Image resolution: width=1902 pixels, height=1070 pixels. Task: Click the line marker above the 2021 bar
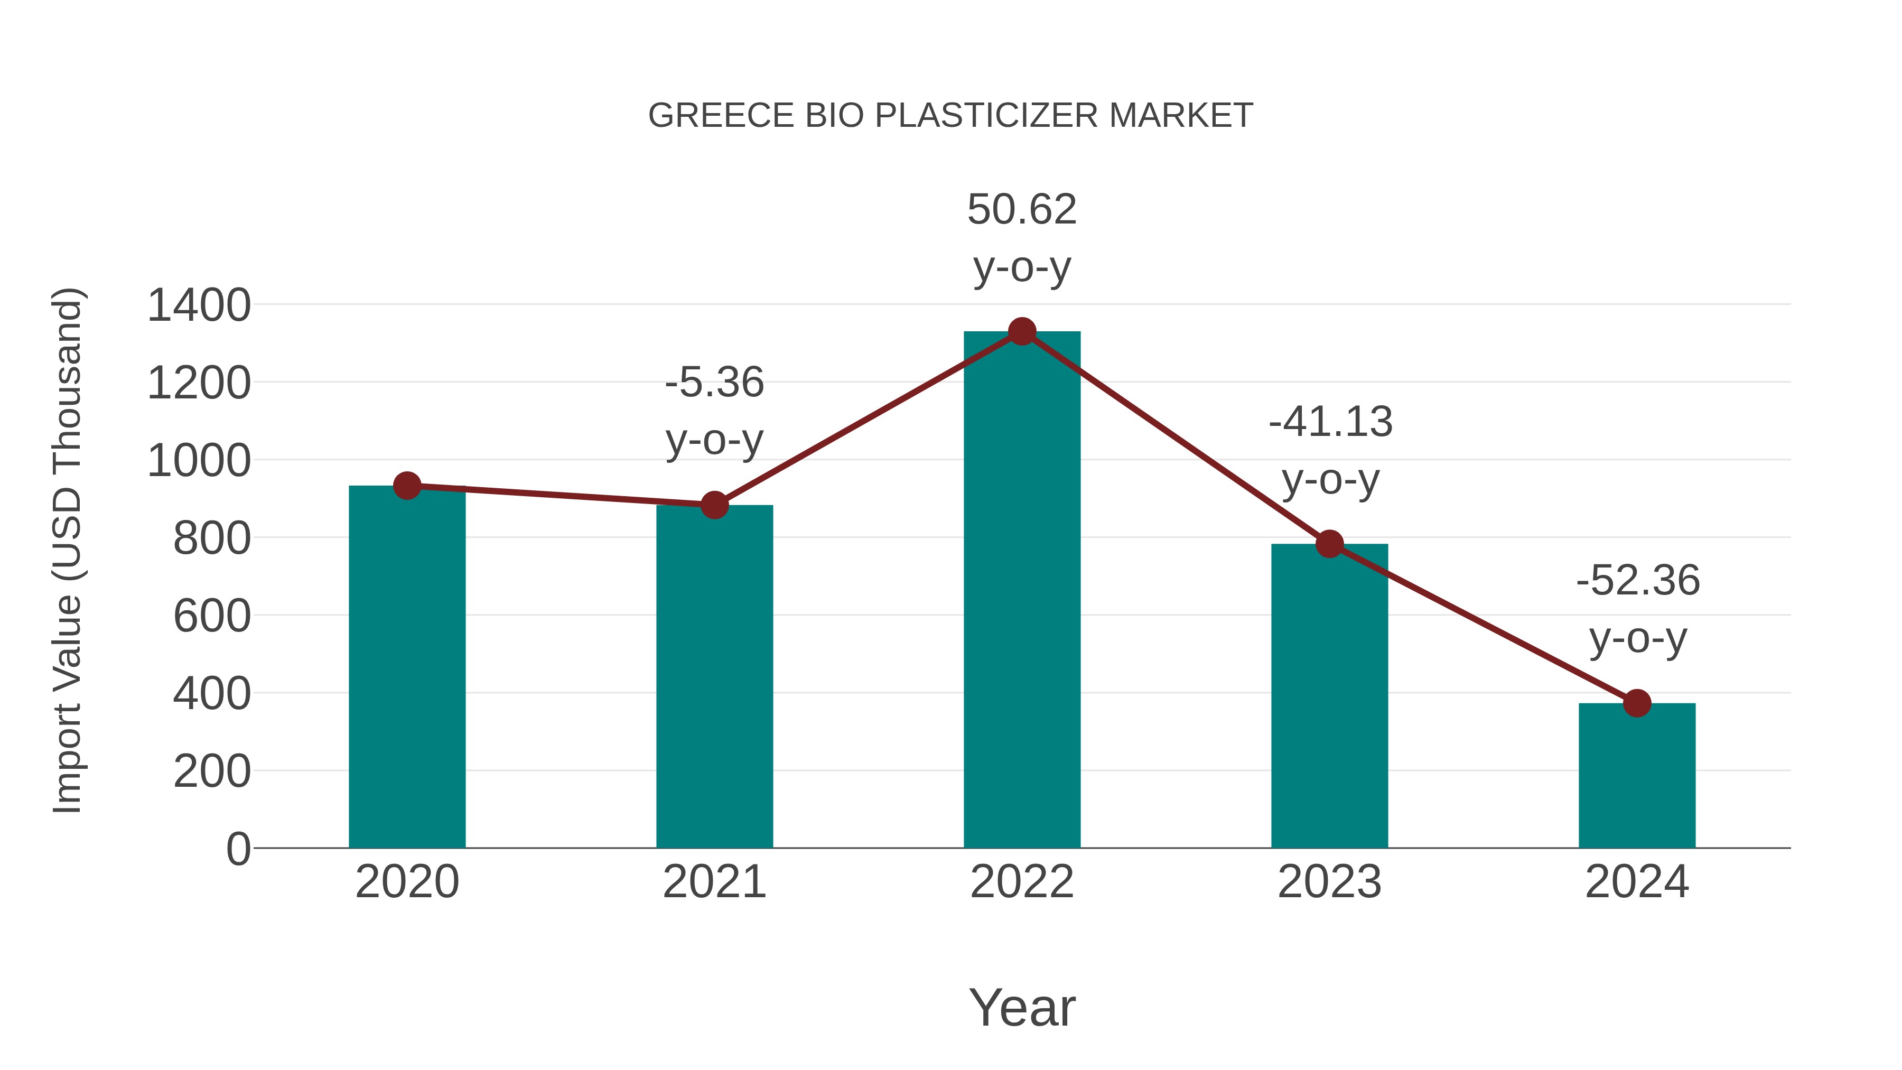[714, 505]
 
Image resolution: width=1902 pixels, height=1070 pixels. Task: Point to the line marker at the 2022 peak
[1021, 331]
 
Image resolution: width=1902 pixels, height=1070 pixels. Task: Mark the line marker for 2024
[1636, 703]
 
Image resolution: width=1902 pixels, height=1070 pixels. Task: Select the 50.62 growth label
[1021, 210]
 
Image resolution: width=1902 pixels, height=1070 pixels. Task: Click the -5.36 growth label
[714, 383]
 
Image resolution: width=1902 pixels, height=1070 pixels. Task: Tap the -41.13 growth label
[1330, 422]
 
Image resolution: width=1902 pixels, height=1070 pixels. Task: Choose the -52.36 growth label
[1637, 580]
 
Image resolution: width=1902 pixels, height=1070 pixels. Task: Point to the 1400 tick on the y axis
[199, 306]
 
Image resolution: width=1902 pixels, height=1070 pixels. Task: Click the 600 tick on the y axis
[212, 617]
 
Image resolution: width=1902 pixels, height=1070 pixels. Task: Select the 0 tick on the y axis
[238, 849]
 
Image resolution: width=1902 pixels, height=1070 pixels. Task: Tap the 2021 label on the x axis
[714, 882]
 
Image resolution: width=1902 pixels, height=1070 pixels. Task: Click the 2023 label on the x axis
[1329, 882]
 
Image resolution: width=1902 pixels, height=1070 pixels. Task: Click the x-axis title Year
[1021, 1007]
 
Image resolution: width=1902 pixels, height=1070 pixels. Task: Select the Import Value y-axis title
[67, 550]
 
